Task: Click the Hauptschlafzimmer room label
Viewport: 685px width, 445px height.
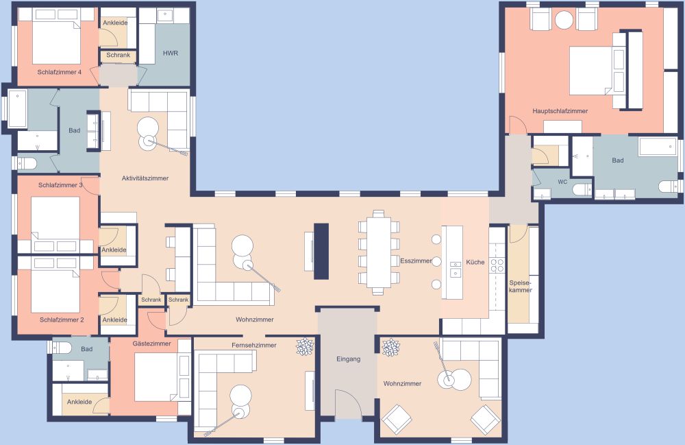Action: pyautogui.click(x=560, y=110)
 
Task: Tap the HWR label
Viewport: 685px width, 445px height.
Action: pyautogui.click(x=171, y=53)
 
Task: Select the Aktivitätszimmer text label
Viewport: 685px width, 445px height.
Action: pyautogui.click(x=145, y=178)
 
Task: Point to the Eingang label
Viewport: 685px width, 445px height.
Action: pyautogui.click(x=348, y=359)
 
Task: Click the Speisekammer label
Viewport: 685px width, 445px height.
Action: pyautogui.click(x=521, y=286)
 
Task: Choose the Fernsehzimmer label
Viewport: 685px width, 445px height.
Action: pyautogui.click(x=254, y=345)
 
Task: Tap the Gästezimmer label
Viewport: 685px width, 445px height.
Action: pyautogui.click(x=151, y=342)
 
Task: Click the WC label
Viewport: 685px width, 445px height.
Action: pyautogui.click(x=562, y=182)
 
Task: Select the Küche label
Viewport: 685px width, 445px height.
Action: pyautogui.click(x=475, y=262)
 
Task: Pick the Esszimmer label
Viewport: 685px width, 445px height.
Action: pyautogui.click(x=416, y=261)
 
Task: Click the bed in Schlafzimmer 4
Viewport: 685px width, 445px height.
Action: pyautogui.click(x=56, y=41)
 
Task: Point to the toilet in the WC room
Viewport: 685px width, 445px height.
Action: pyautogui.click(x=581, y=189)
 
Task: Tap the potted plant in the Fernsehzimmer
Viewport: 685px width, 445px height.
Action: pyautogui.click(x=304, y=348)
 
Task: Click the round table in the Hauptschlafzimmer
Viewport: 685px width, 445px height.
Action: pyautogui.click(x=564, y=21)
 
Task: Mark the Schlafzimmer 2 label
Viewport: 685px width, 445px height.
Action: pyautogui.click(x=62, y=320)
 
